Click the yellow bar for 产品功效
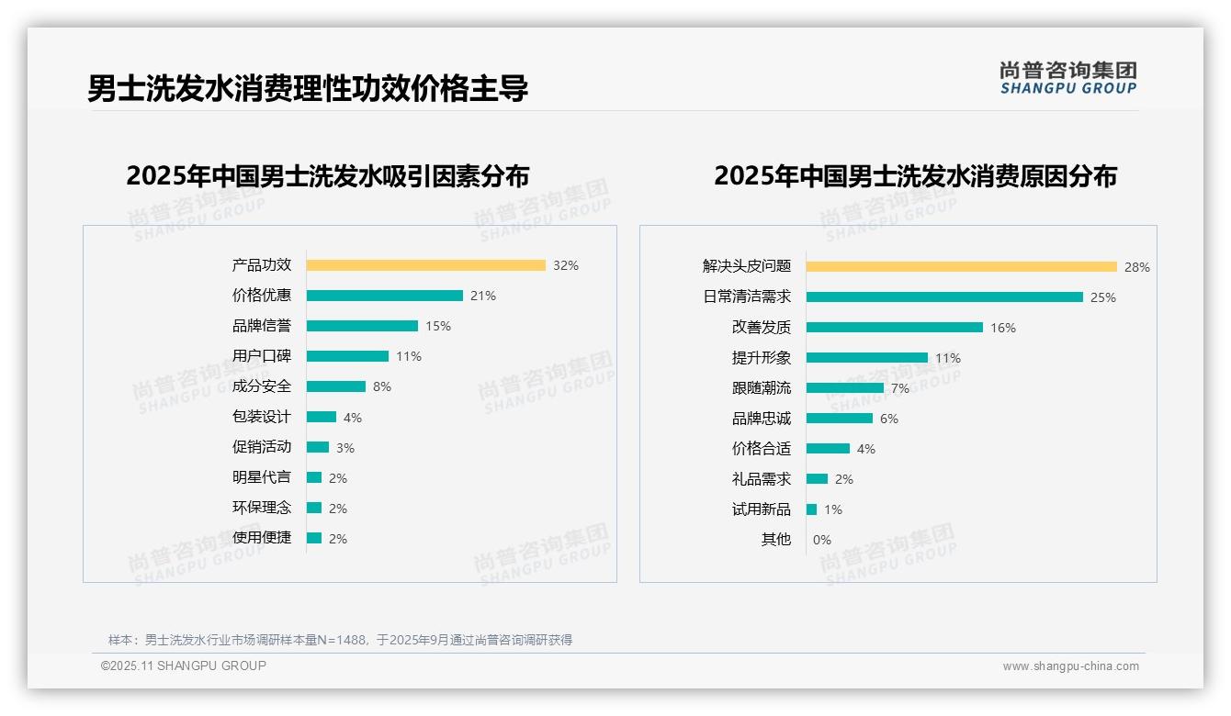click(x=425, y=265)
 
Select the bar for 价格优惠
click(x=384, y=296)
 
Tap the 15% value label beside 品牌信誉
click(x=438, y=326)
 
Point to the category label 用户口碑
click(x=261, y=356)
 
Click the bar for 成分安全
click(x=335, y=386)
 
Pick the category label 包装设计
click(x=261, y=417)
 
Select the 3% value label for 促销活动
click(x=344, y=448)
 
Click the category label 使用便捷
click(x=261, y=538)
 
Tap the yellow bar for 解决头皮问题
click(x=961, y=267)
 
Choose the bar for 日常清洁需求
click(x=944, y=297)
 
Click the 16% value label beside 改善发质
click(x=1003, y=328)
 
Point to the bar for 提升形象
click(x=866, y=358)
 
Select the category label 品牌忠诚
click(x=761, y=419)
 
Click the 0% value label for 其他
click(x=821, y=540)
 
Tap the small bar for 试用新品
click(x=811, y=509)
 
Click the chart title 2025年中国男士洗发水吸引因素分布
click(x=327, y=176)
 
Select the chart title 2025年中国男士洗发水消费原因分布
click(x=915, y=176)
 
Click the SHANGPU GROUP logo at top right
click(x=1067, y=78)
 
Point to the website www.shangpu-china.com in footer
click(x=1070, y=666)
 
